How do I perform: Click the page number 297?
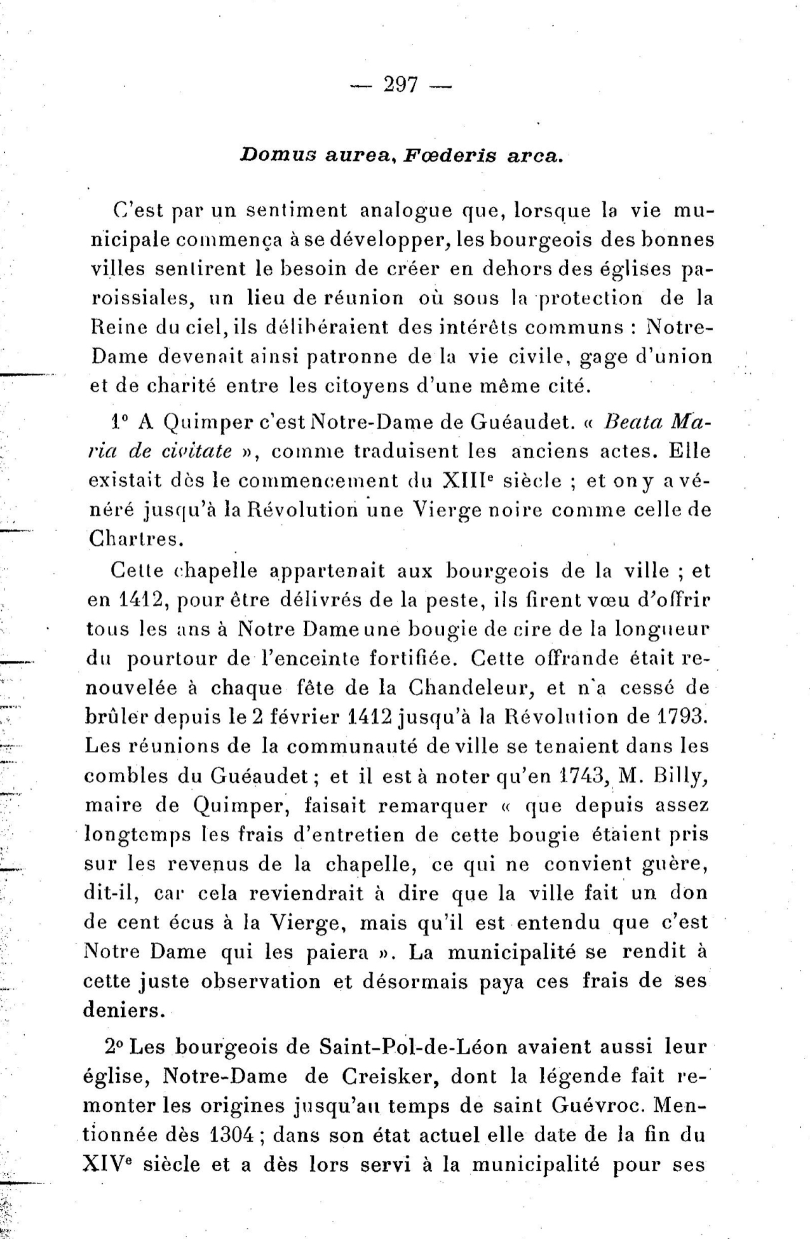[401, 85]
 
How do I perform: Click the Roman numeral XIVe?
[109, 1164]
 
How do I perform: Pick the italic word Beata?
[632, 422]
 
